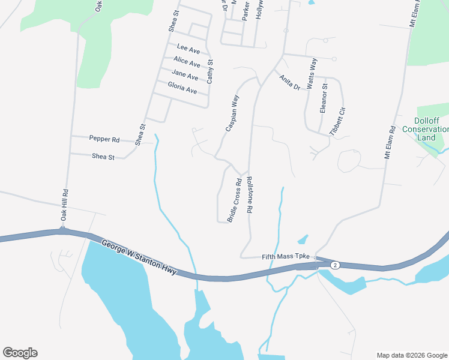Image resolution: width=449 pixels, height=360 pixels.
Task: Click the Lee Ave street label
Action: [188, 48]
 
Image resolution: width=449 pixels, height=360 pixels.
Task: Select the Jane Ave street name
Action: [185, 76]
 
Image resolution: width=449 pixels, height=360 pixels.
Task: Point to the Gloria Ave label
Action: [182, 89]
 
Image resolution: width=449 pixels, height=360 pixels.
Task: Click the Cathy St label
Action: [210, 70]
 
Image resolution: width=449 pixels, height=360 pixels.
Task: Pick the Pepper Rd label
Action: [104, 139]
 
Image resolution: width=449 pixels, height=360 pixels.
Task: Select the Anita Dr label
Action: [289, 82]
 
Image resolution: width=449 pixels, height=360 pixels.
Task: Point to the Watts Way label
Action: [312, 74]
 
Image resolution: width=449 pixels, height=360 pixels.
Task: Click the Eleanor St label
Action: [324, 98]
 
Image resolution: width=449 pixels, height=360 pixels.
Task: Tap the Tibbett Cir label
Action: [338, 121]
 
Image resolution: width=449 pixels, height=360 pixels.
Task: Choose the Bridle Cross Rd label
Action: [234, 200]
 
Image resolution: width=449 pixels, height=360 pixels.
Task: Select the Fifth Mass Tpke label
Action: [285, 257]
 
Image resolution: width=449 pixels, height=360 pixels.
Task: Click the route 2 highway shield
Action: [334, 265]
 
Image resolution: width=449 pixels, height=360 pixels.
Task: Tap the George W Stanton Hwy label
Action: [139, 258]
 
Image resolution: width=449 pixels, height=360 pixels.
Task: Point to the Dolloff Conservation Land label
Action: [426, 129]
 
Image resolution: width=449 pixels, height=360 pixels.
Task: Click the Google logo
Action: [20, 353]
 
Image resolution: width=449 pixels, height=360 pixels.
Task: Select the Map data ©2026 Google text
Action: [411, 355]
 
